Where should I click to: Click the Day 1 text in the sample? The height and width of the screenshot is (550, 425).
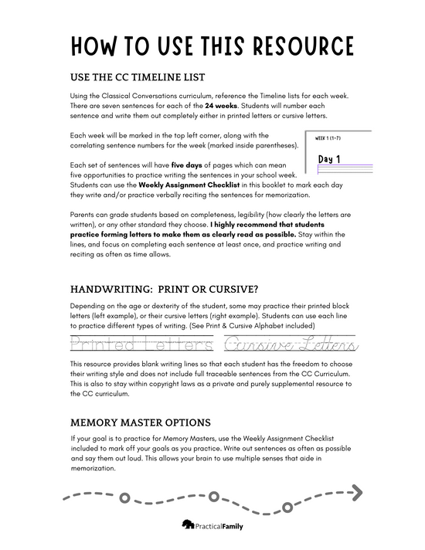coord(331,159)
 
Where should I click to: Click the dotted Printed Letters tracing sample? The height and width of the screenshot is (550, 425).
coord(138,343)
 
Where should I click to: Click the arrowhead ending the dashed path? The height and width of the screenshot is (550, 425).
coord(355,489)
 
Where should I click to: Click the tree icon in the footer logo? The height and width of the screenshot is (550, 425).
coord(188,525)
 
